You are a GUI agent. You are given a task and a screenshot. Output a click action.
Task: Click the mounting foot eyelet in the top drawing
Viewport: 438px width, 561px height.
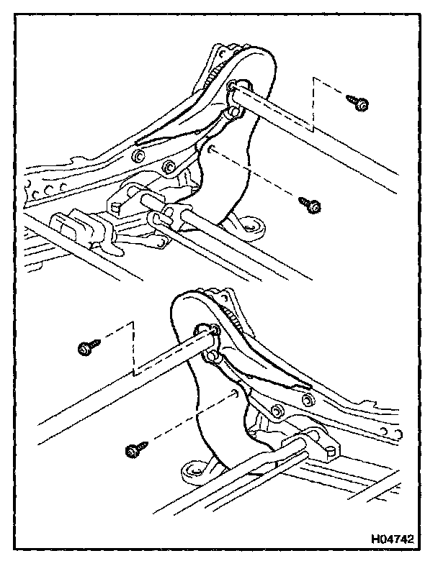[252, 229]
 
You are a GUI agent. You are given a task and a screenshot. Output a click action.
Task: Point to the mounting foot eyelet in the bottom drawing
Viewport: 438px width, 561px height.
[192, 472]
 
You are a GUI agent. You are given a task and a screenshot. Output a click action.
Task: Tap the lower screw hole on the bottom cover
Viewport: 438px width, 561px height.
[235, 393]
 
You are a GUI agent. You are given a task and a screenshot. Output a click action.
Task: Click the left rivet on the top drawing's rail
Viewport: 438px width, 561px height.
[138, 156]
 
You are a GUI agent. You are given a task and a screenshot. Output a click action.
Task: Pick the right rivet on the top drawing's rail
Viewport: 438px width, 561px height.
[168, 168]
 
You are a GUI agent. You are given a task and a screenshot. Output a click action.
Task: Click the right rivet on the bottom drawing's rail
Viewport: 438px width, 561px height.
[308, 399]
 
